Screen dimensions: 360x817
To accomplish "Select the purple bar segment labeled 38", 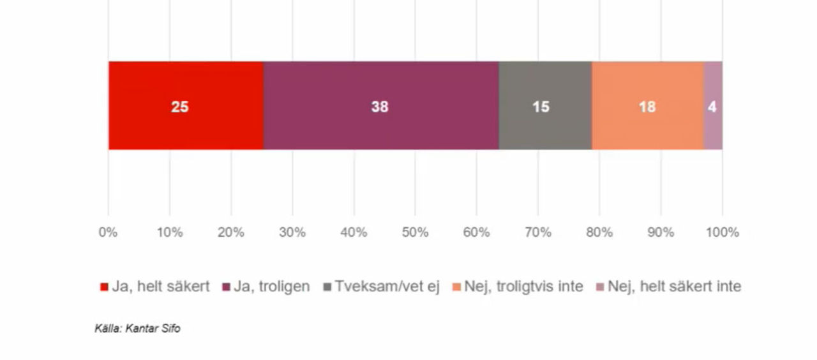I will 380,106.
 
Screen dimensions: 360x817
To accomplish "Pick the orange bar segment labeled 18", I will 647,106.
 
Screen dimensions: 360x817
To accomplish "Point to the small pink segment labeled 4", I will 713,106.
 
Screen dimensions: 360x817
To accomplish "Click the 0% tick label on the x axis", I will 108,232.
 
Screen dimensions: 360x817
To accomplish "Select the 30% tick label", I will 292,232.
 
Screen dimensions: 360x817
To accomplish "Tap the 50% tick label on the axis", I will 415,232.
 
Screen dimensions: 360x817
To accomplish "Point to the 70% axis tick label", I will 537,232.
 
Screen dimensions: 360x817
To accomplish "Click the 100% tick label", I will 722,232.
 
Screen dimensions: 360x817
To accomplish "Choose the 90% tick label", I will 661,232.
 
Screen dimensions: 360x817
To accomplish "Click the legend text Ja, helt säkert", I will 161,287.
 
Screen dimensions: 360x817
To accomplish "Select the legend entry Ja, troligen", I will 271,287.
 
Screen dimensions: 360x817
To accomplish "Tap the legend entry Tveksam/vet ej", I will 387,287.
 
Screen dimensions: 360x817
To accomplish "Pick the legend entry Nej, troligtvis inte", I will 523,287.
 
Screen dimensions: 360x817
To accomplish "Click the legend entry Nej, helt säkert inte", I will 674,287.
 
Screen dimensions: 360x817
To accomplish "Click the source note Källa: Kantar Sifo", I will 137,329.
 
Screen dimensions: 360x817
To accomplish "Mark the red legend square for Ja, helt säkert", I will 105,287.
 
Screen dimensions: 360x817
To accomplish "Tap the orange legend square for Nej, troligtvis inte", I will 456,287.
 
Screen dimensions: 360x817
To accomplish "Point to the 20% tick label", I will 230,232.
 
